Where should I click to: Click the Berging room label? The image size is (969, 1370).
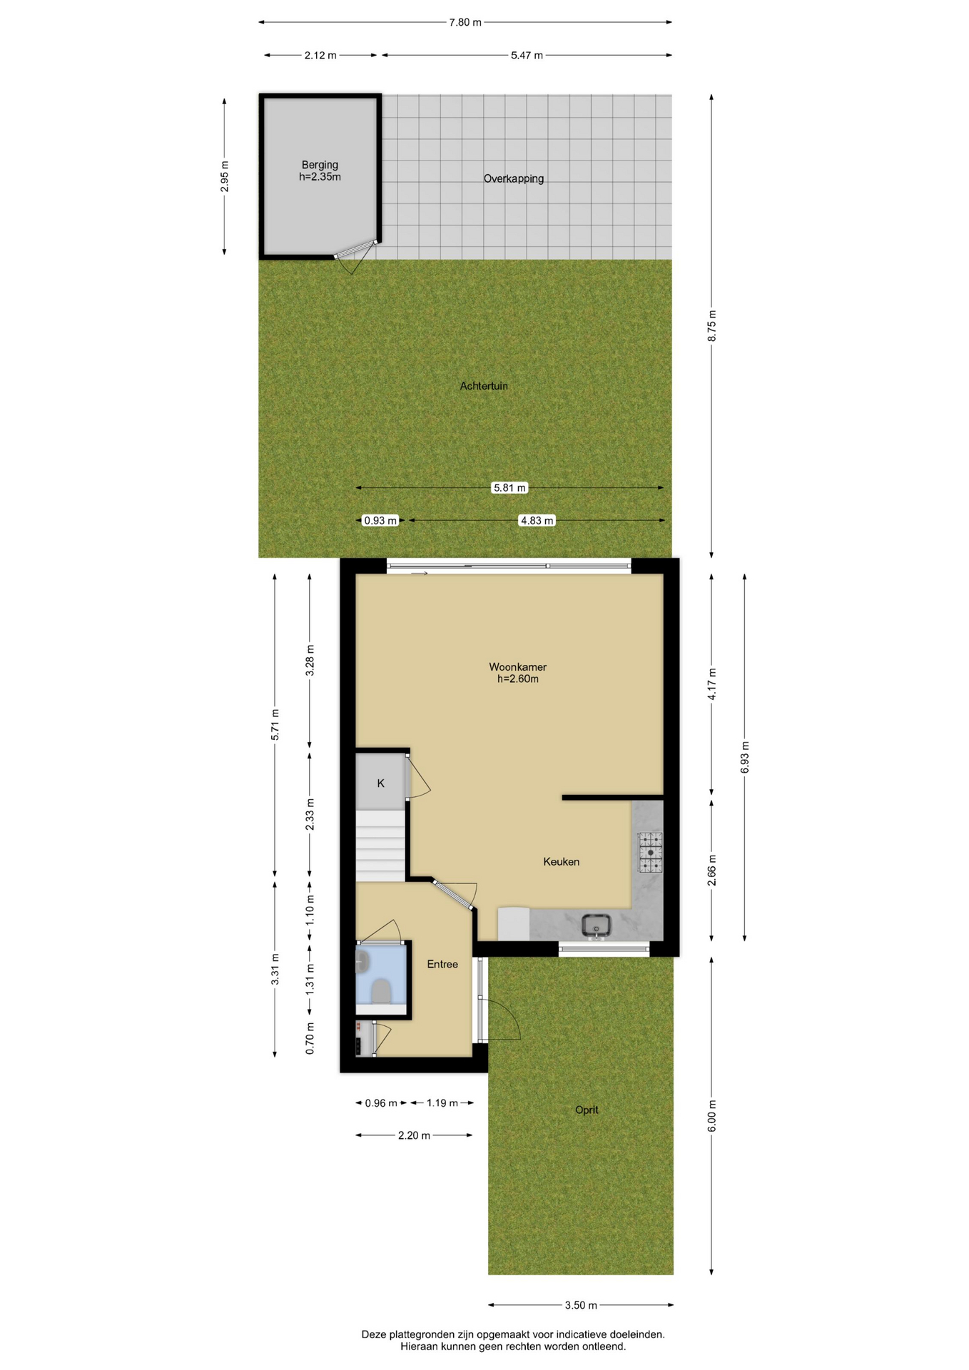tap(320, 165)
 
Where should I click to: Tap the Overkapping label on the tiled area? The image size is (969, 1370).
tap(514, 179)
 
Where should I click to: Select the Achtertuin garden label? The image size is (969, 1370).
tap(484, 386)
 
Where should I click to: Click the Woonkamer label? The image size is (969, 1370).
tap(517, 667)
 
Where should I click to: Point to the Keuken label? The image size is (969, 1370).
tap(562, 862)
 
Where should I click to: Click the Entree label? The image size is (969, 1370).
tap(442, 965)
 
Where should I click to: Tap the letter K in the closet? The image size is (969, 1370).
tap(381, 783)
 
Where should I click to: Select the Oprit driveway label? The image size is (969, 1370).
tap(587, 1110)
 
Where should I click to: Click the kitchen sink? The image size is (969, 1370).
tap(597, 926)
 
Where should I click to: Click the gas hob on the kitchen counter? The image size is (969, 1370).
tap(650, 853)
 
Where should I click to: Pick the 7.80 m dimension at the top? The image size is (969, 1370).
tap(465, 22)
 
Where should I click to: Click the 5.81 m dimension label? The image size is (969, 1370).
tap(510, 488)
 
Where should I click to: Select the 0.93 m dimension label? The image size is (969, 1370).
tap(380, 521)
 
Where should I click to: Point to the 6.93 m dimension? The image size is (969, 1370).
tap(745, 758)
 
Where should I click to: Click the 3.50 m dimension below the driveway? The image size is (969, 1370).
tap(581, 1306)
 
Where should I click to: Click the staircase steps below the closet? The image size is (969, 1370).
tap(381, 846)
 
